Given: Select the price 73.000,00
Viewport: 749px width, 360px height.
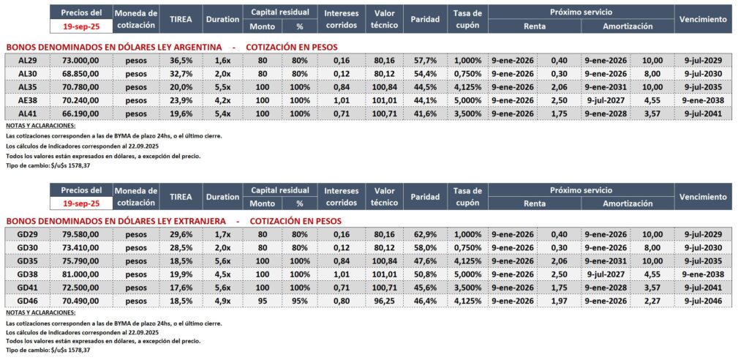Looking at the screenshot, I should pos(81,60).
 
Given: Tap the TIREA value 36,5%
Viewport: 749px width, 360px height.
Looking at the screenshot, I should pos(181,60).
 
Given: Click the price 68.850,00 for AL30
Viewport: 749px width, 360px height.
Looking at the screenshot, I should pos(81,73).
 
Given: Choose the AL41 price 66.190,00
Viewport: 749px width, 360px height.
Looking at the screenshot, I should pos(81,113).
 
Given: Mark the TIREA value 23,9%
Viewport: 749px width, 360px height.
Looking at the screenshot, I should pos(181,100).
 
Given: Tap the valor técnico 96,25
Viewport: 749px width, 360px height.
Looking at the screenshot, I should pos(383,299).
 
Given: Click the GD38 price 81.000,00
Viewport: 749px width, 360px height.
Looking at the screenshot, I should pos(81,273).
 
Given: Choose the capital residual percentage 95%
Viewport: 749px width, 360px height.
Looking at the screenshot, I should pos(299,299).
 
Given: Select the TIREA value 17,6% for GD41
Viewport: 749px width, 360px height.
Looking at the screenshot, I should pos(181,286).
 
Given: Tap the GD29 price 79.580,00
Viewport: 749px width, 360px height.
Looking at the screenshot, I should pos(81,233).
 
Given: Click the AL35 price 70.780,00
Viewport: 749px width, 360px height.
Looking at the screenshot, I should pos(81,86).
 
